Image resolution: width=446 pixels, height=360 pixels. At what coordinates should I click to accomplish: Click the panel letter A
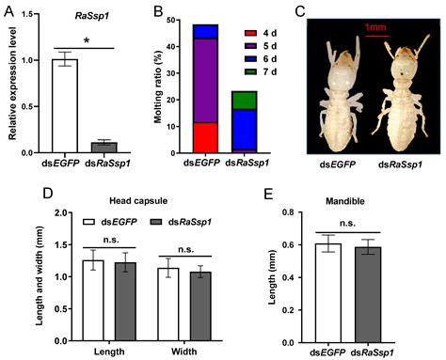[11, 11]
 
